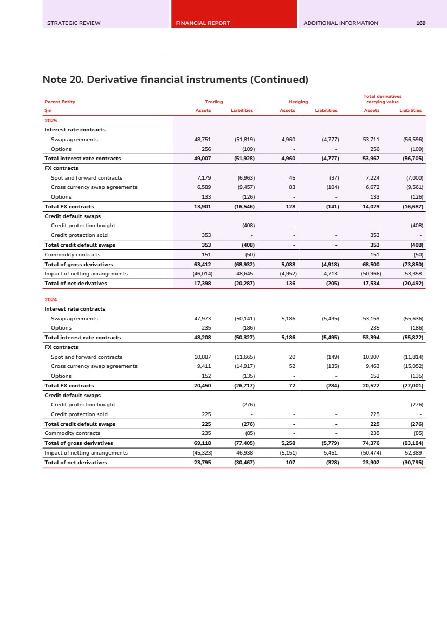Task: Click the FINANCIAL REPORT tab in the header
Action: coord(203,23)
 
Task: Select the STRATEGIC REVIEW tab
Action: coord(74,23)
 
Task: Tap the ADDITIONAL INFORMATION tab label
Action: coord(341,23)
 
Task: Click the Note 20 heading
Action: coord(175,80)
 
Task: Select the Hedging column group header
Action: coord(298,102)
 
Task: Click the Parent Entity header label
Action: coord(60,102)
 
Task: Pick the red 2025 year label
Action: coord(50,120)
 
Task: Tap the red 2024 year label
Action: coord(50,299)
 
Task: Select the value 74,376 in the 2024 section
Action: coord(371,443)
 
